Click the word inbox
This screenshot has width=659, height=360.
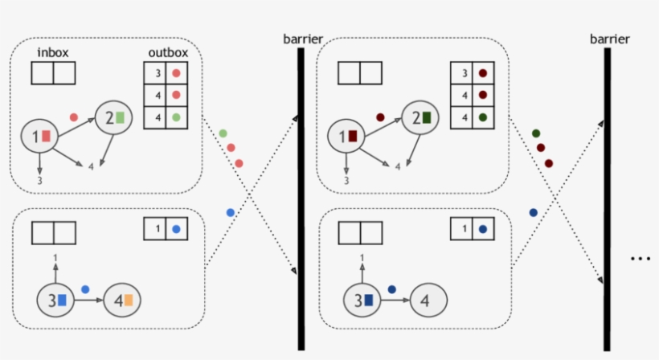[x=53, y=53]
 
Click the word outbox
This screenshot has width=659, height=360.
[x=168, y=53]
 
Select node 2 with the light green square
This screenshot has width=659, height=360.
[x=113, y=117]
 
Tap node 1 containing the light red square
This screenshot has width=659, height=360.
[x=40, y=136]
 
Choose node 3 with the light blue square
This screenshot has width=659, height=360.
[x=55, y=301]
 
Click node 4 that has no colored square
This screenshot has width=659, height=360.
[x=428, y=301]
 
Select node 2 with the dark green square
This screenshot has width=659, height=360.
[x=420, y=117]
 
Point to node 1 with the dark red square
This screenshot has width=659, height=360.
[x=347, y=136]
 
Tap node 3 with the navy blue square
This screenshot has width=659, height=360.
[x=362, y=301]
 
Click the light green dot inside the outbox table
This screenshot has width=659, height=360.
[x=175, y=117]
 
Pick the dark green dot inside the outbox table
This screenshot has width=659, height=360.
[x=482, y=117]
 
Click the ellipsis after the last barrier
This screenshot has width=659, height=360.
[x=640, y=259]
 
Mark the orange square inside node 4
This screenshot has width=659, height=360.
[x=128, y=301]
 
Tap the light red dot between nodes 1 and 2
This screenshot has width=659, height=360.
[x=74, y=117]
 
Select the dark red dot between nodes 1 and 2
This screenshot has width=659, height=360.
[x=381, y=117]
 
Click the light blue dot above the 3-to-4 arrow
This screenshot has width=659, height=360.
[x=85, y=288]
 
